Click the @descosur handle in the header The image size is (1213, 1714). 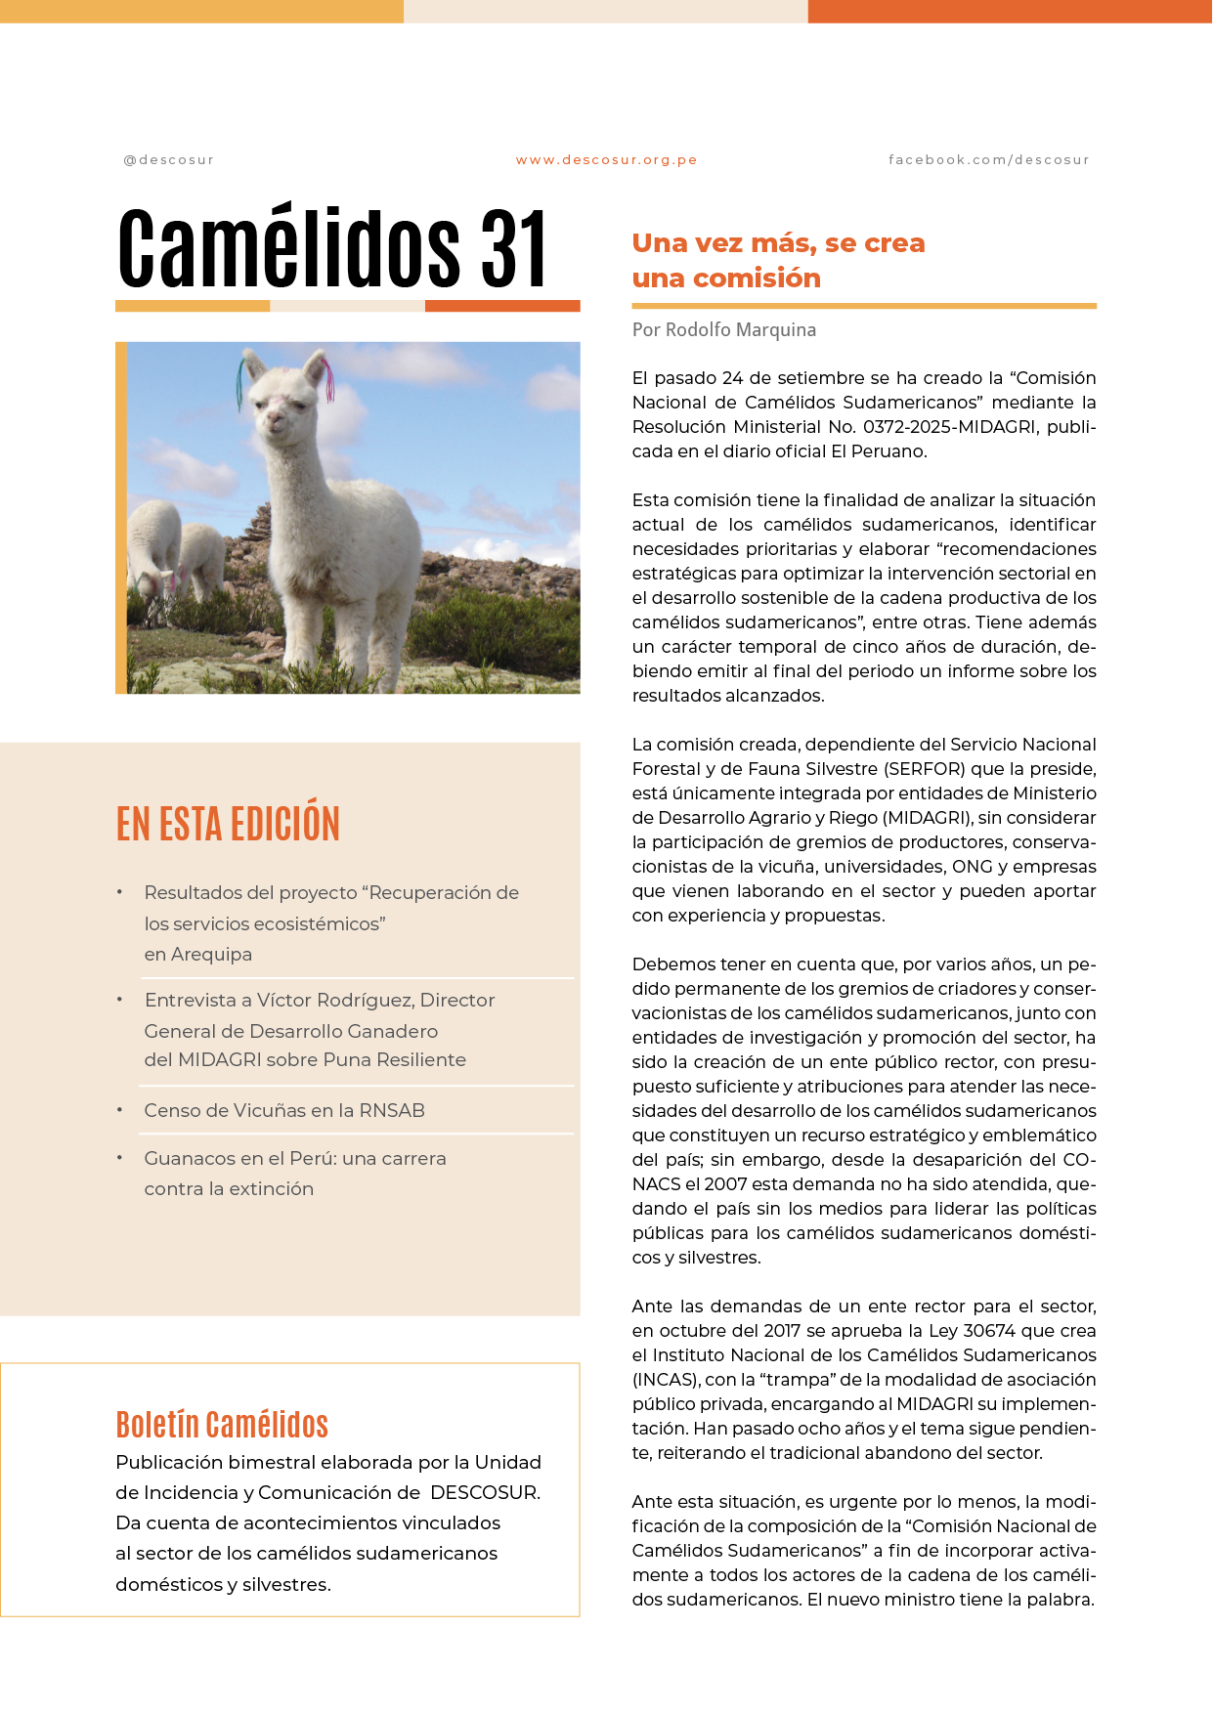[x=168, y=160]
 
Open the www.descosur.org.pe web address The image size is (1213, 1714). [x=606, y=160]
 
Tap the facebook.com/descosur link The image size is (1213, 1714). [x=988, y=160]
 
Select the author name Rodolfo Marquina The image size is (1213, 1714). [x=740, y=330]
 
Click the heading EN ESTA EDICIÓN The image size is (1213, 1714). [x=228, y=824]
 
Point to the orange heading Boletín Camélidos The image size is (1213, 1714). [x=222, y=1425]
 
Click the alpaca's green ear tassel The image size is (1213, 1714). [x=240, y=383]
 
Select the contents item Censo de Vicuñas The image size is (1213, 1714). [x=283, y=1111]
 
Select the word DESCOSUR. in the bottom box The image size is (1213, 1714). [x=485, y=1493]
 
